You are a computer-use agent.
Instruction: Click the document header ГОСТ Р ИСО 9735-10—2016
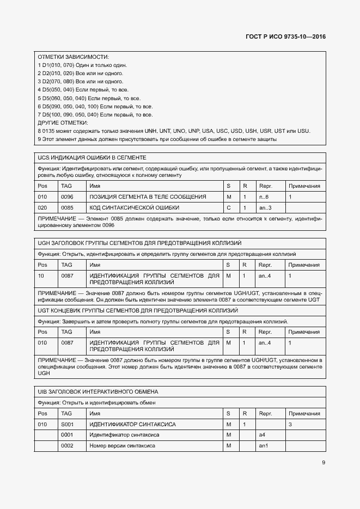pos(286,37)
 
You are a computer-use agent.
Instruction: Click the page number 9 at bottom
pos(323,463)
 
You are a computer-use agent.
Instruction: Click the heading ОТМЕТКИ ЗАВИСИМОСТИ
pos(73,57)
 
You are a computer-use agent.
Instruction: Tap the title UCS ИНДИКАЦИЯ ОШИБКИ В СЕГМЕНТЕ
pos(92,157)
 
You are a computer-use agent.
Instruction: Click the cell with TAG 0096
pos(67,197)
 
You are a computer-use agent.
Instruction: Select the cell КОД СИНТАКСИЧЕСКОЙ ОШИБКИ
pos(134,208)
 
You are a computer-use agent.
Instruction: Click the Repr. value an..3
pos(265,208)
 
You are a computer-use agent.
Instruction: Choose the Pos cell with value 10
pos(41,276)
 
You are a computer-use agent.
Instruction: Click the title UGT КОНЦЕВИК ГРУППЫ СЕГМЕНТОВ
pos(138,310)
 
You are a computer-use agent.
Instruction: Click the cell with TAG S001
pos(67,424)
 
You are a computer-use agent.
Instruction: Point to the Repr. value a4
pos(262,435)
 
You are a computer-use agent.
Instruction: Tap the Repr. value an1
pos(263,446)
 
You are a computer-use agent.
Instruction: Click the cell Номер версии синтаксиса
pos(122,446)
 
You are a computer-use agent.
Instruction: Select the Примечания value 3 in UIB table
pos(290,424)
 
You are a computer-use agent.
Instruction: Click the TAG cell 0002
pos(67,446)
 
